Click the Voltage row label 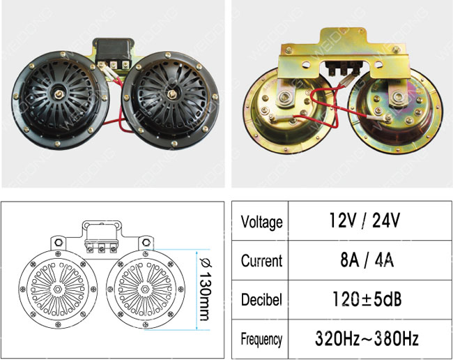click(x=261, y=222)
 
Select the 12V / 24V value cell click(x=364, y=220)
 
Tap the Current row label click(x=261, y=260)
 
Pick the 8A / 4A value click(x=367, y=260)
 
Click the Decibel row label click(x=261, y=299)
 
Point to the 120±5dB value click(x=367, y=299)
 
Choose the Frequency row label click(x=261, y=339)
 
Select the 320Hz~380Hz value click(x=367, y=338)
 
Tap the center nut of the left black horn click(x=59, y=93)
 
